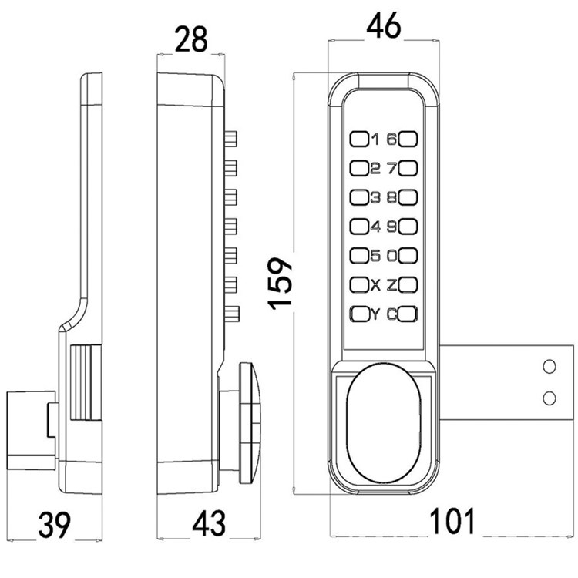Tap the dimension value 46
point(383,28)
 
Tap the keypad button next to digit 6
point(408,139)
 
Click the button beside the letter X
point(359,284)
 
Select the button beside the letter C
point(408,314)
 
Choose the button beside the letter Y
point(359,314)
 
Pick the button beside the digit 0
point(408,255)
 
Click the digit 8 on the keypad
point(391,197)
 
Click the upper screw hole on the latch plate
point(549,367)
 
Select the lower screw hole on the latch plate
point(549,397)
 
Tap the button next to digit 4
point(359,227)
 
